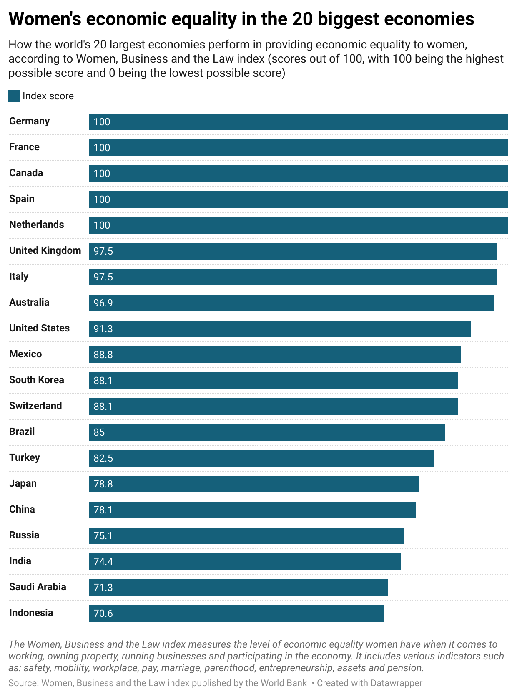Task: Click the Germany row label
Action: point(29,121)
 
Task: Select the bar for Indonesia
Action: point(236,614)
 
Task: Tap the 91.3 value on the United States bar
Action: point(103,329)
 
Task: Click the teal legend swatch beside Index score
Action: point(14,96)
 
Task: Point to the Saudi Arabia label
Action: point(38,587)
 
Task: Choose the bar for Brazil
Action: point(267,432)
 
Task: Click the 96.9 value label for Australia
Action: point(103,303)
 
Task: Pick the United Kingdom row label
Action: point(45,250)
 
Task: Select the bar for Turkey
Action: point(261,458)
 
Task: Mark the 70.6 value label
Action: point(103,614)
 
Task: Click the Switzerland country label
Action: point(35,406)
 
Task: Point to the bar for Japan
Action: point(254,484)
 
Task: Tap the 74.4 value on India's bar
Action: point(103,562)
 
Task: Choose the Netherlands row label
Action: point(37,225)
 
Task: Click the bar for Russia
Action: point(246,536)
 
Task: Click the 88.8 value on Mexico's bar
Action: point(103,355)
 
